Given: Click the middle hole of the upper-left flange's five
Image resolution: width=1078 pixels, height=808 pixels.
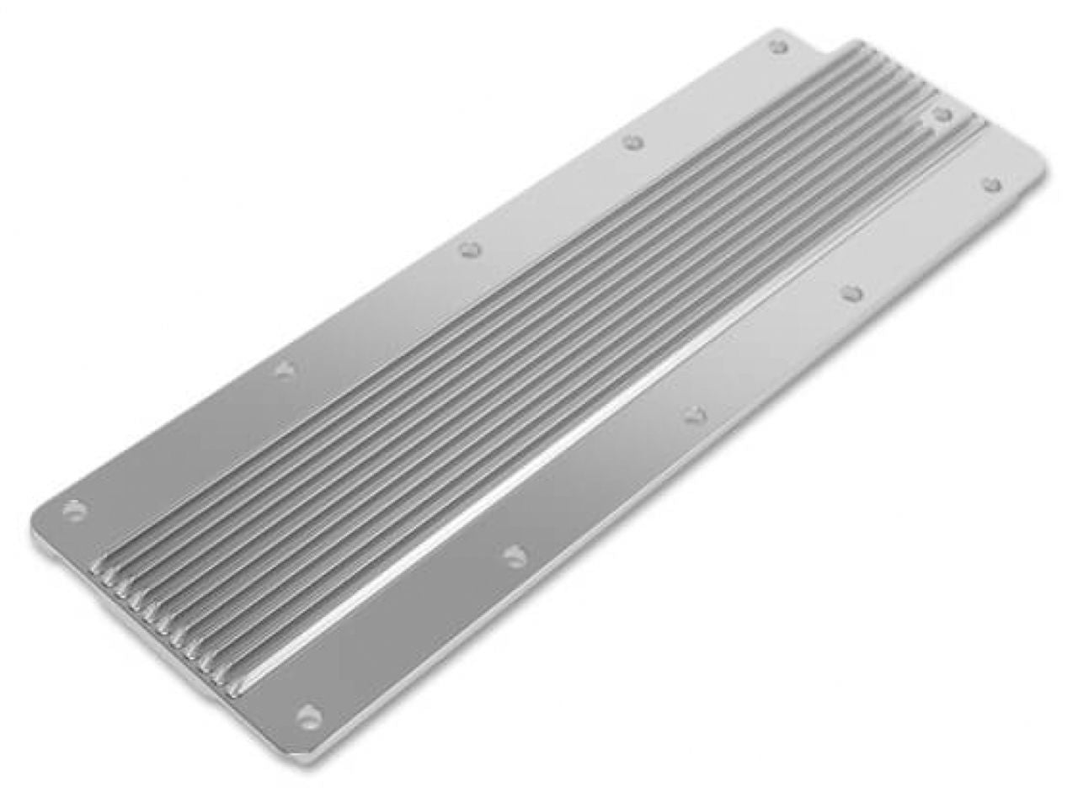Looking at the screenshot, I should click(x=470, y=248).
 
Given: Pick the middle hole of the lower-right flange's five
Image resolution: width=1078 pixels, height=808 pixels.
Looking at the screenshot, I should click(x=693, y=412).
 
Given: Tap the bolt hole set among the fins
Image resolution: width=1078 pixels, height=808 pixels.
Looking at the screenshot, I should click(x=942, y=114).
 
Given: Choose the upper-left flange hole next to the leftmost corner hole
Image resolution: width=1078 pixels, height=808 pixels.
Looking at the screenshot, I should click(x=285, y=369).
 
